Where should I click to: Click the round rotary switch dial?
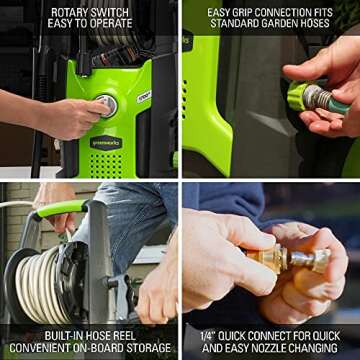point(107,106)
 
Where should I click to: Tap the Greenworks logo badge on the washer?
point(106,143)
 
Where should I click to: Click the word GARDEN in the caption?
point(275,23)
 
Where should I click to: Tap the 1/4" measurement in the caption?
point(208,336)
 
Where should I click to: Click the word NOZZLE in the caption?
point(275,348)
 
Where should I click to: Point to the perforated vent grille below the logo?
point(106,165)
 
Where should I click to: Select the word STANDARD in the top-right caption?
point(232,23)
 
